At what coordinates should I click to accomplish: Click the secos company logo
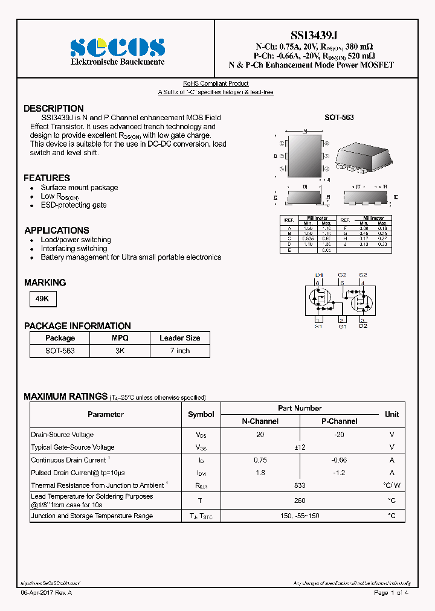[117, 46]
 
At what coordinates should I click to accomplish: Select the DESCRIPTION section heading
[54, 109]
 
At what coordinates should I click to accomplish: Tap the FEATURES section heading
[47, 178]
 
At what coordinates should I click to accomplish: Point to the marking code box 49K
[43, 298]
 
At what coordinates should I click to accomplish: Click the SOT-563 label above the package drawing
[339, 118]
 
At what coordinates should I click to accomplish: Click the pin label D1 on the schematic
[320, 275]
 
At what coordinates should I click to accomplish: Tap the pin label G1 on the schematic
[343, 327]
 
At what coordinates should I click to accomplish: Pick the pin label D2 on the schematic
[362, 327]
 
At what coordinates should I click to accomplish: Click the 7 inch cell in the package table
[179, 351]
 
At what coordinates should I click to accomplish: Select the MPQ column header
[120, 338]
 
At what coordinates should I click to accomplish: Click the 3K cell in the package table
[120, 351]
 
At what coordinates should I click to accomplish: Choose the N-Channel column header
[260, 421]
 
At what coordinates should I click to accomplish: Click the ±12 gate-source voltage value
[300, 447]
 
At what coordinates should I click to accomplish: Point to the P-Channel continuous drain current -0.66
[339, 460]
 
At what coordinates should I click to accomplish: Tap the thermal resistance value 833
[300, 485]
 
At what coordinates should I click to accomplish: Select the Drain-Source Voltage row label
[62, 435]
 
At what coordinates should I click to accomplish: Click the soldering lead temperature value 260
[300, 501]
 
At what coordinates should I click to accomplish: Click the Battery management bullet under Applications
[130, 257]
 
